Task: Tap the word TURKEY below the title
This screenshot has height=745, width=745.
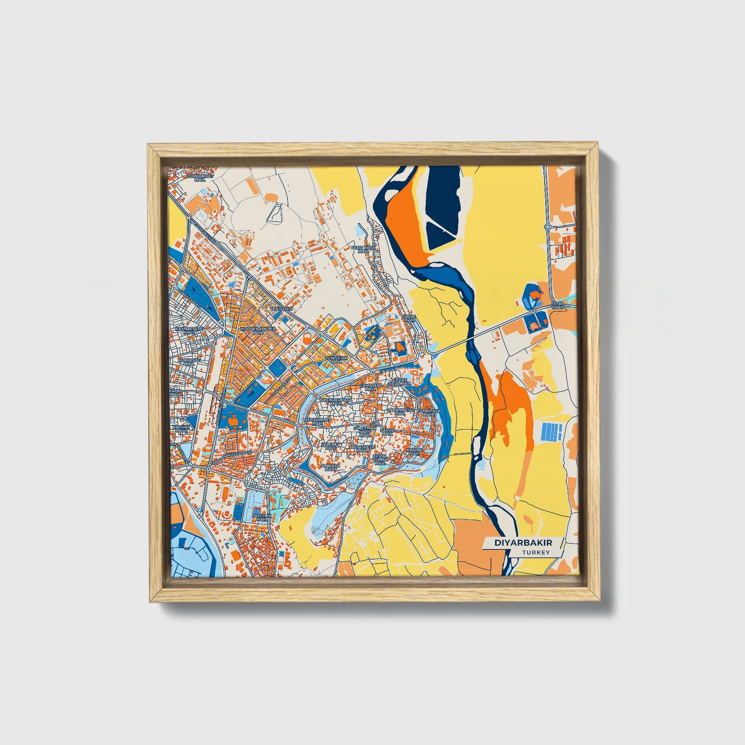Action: pos(536,552)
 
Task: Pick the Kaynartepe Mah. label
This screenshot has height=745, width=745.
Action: pos(189,330)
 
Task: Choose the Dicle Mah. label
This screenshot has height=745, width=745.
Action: pos(409,318)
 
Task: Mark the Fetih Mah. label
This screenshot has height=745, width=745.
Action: pos(557,306)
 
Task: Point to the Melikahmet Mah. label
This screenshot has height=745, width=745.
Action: pos(317,422)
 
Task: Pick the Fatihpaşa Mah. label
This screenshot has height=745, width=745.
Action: pos(428,413)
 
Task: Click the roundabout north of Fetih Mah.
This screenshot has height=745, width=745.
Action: pos(547,227)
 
